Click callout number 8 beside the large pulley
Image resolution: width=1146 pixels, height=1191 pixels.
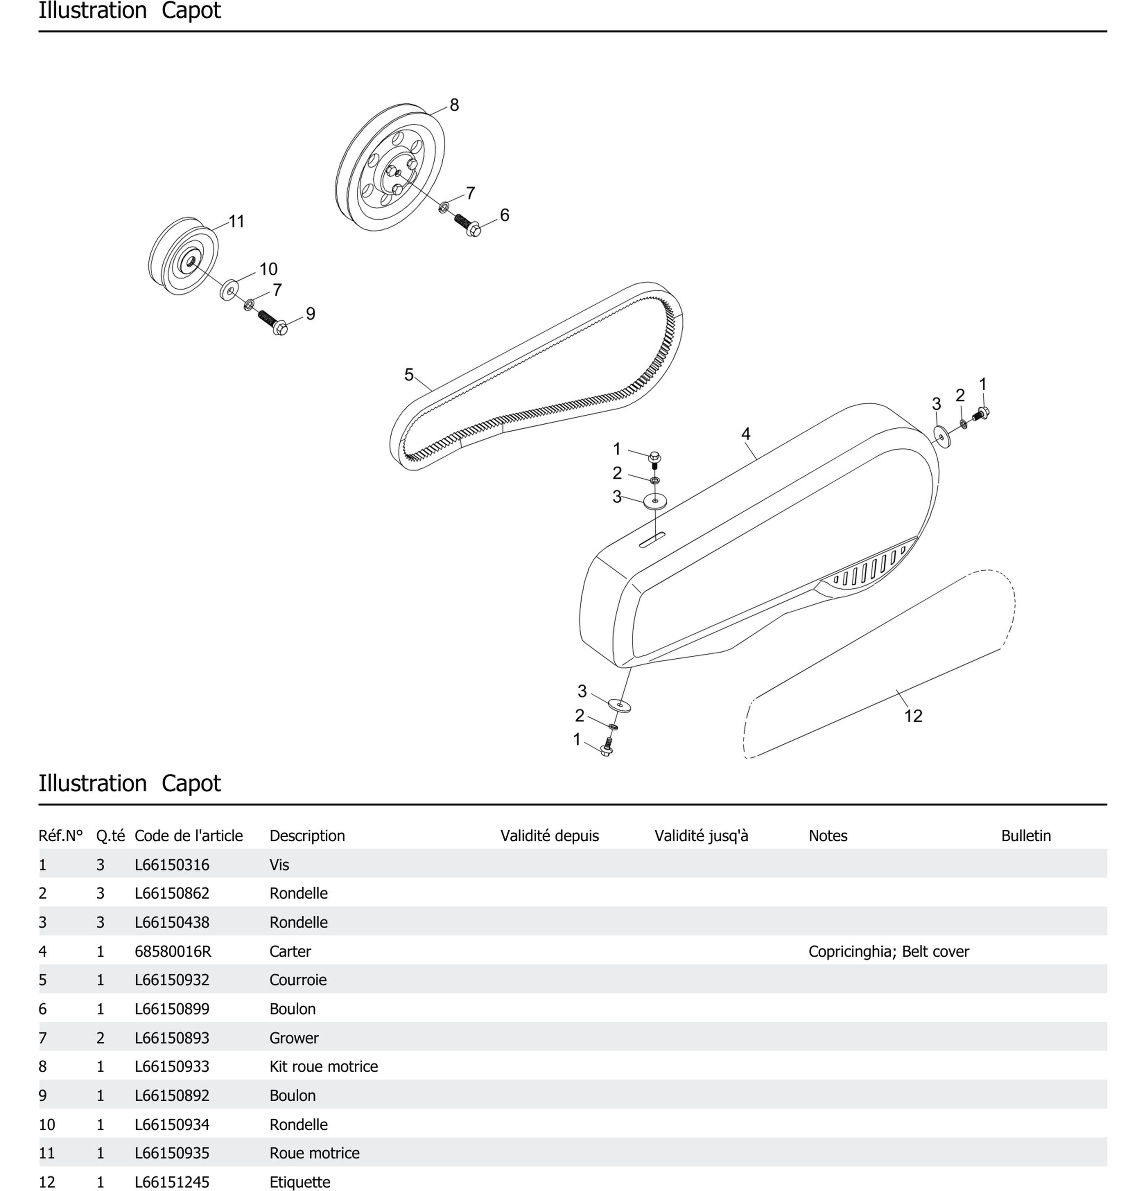(454, 105)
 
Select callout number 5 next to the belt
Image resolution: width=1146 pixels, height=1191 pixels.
(409, 374)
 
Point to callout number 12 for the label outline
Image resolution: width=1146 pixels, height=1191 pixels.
(913, 716)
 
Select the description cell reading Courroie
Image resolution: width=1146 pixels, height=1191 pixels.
(298, 980)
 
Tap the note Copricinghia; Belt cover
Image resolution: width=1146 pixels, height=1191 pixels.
(888, 951)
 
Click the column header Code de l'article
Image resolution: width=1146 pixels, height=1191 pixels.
(189, 836)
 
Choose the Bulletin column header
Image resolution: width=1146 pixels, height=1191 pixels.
(1026, 836)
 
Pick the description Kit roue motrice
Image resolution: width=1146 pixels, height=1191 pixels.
(323, 1066)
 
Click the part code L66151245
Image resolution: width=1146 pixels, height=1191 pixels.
(172, 1181)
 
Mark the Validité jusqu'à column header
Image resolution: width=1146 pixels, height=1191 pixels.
(701, 836)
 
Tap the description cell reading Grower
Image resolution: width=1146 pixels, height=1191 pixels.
(294, 1037)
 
